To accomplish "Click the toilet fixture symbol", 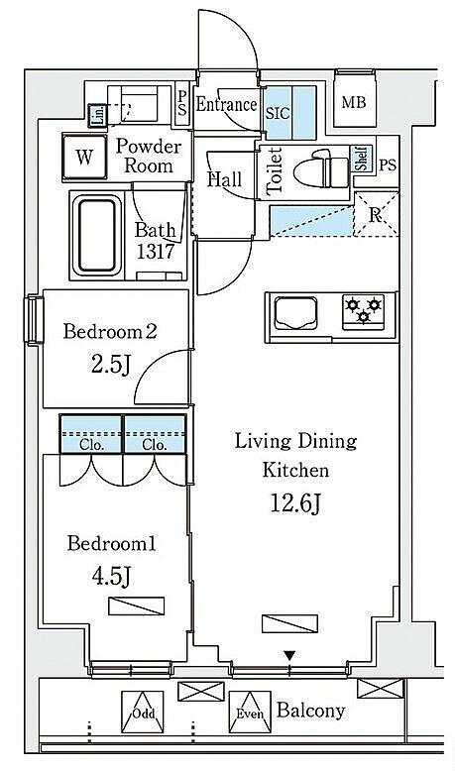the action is click(x=321, y=168).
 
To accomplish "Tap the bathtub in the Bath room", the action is click(x=97, y=235).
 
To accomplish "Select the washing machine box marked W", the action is click(x=84, y=157).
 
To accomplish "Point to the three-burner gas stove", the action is click(x=364, y=311).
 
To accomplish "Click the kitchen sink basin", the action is click(x=295, y=313).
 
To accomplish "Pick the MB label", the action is click(x=354, y=103).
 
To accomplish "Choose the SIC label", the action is click(x=278, y=114).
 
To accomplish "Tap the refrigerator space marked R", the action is click(x=376, y=214).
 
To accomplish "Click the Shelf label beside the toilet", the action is click(x=362, y=159).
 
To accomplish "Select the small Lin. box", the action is click(x=98, y=116).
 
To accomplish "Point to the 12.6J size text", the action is click(x=296, y=502).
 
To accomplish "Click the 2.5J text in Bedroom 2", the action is click(x=111, y=366).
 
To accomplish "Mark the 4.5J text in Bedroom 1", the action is click(x=112, y=577).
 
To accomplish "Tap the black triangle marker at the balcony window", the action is click(x=289, y=655).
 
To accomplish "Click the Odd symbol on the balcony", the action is click(x=142, y=713).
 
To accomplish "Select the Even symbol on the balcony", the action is click(x=250, y=713).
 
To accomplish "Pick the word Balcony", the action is click(x=310, y=711).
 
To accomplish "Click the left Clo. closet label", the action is click(x=91, y=445).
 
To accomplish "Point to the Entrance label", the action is click(x=226, y=104).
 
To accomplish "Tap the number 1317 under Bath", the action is click(x=155, y=252).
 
